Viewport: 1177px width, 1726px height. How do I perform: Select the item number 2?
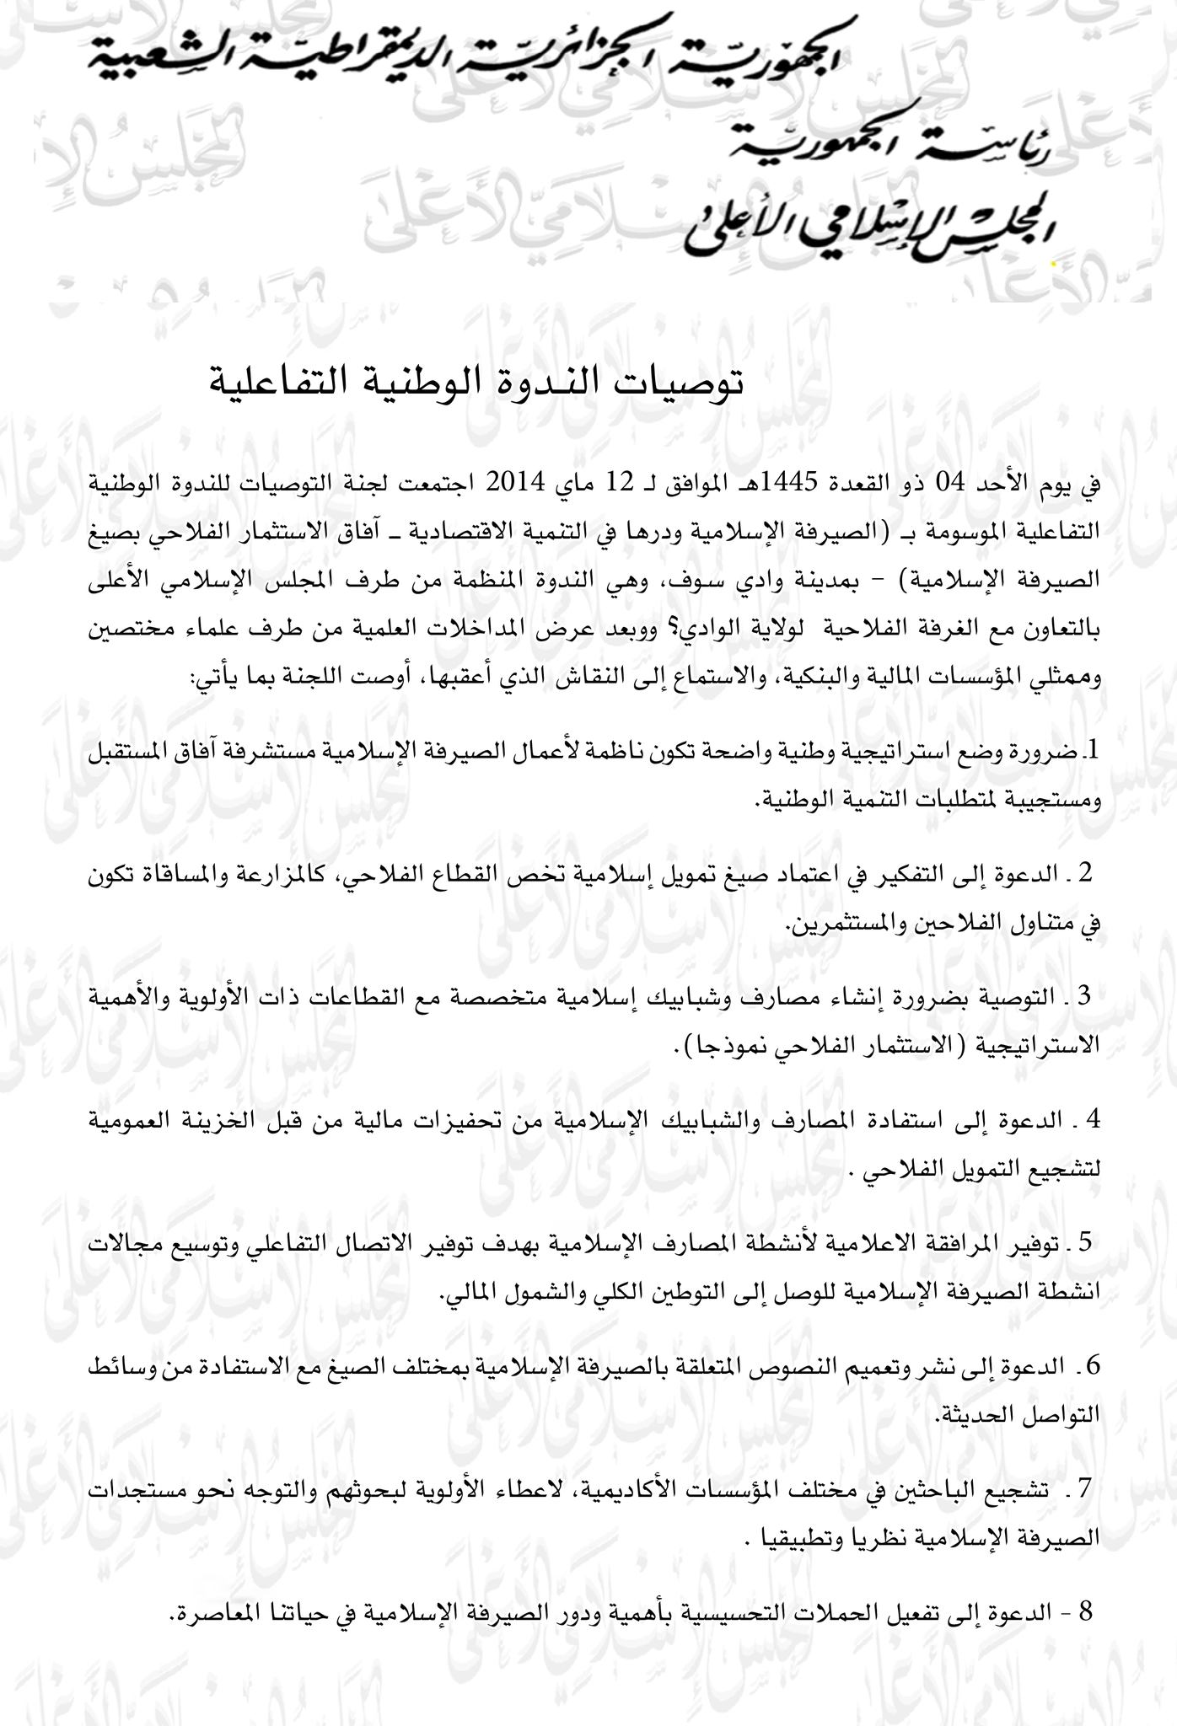pyautogui.click(x=1085, y=873)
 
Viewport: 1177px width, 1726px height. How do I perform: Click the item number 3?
pyautogui.click(x=1085, y=996)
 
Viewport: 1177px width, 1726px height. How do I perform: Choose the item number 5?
pyautogui.click(x=1085, y=1241)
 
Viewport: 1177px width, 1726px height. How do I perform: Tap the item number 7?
pyautogui.click(x=1085, y=1488)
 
